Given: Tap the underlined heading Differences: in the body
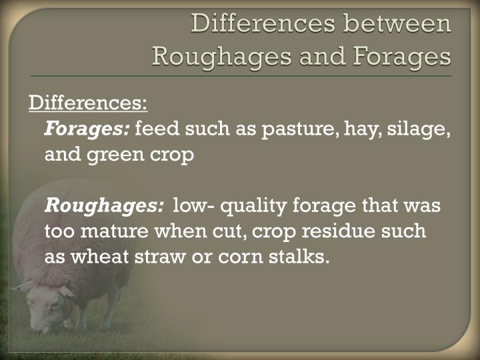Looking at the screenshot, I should (x=87, y=103).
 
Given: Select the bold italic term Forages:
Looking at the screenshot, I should (x=87, y=129).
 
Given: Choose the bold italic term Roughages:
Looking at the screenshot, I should (x=104, y=206).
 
